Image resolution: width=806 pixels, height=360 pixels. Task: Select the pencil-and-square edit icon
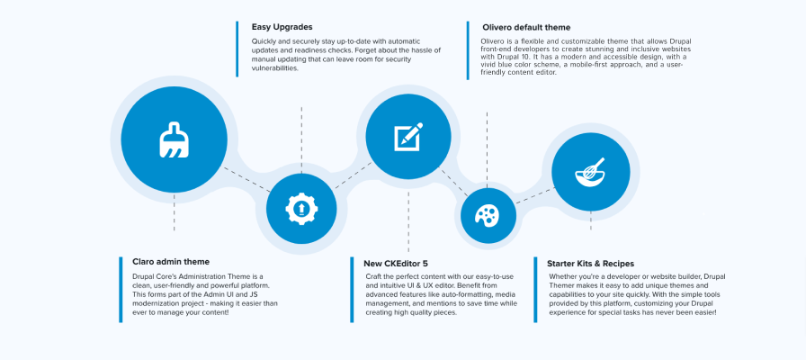coord(408,138)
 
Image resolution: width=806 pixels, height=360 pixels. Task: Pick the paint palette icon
coord(486,215)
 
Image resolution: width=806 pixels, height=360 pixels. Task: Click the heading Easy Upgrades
coord(282,27)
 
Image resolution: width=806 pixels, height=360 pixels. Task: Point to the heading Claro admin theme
coord(171,261)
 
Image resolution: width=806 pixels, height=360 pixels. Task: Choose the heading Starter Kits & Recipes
coord(595,263)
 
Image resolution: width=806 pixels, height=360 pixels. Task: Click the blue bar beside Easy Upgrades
coord(237,49)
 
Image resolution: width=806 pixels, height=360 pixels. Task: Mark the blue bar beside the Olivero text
coord(468,49)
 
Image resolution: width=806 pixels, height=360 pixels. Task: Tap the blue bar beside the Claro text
coord(121,289)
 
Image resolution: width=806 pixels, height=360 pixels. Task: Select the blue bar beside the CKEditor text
coord(351,289)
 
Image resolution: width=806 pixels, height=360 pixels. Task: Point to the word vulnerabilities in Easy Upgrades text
coord(274,67)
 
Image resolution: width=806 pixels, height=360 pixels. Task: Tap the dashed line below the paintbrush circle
coord(175,216)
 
